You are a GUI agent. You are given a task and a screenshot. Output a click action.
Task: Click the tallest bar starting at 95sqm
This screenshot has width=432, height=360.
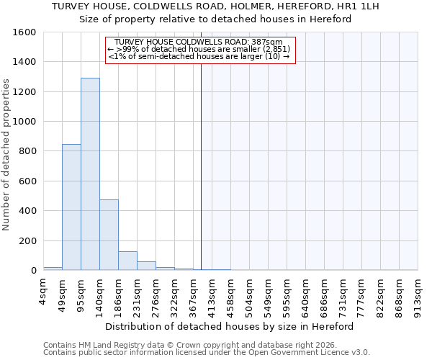coord(90,174)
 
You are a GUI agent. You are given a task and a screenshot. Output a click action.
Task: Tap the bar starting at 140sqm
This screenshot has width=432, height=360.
coord(109,235)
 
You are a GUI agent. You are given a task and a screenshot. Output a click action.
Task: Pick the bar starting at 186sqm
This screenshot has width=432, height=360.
coord(127,261)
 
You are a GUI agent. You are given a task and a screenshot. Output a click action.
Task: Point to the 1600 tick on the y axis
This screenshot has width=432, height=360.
coord(25,32)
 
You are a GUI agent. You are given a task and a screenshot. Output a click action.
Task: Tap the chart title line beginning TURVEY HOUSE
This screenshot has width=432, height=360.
coord(215,6)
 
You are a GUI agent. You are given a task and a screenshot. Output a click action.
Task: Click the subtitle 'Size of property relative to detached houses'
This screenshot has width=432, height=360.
coord(215,19)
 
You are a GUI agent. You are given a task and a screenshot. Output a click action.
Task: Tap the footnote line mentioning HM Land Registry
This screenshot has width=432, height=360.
coord(194,345)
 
